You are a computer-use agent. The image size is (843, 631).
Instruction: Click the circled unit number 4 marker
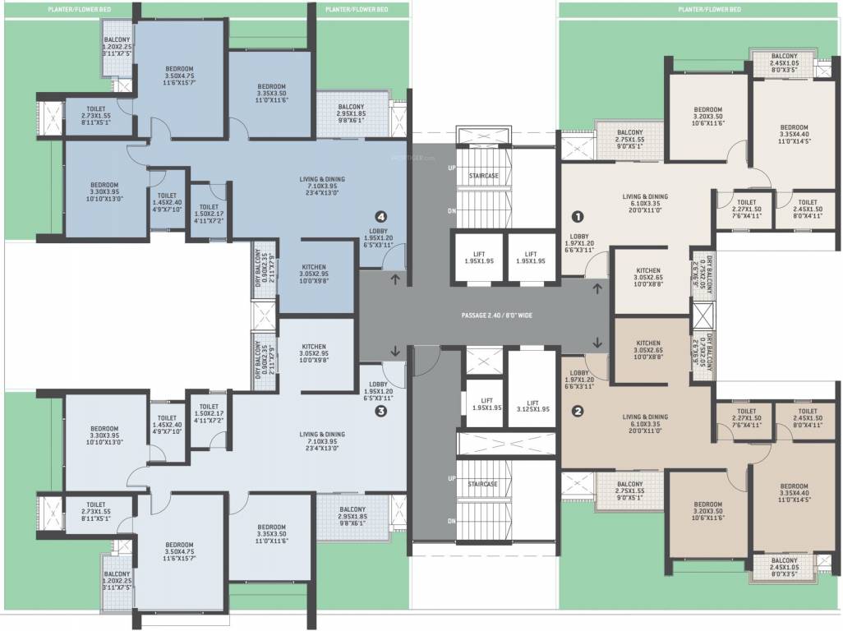point(380,216)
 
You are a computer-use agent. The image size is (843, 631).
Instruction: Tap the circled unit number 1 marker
point(578,217)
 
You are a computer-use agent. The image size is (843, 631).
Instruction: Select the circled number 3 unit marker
point(380,412)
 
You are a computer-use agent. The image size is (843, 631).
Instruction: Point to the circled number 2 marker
point(578,412)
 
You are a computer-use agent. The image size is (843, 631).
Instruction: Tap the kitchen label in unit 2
point(648,349)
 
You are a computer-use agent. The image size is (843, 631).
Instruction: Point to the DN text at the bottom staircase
point(451,522)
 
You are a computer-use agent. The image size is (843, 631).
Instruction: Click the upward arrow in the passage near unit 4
point(395,280)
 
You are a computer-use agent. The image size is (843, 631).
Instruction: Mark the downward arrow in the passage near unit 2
point(597,343)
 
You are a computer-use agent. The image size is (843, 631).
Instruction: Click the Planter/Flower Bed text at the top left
point(68,9)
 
